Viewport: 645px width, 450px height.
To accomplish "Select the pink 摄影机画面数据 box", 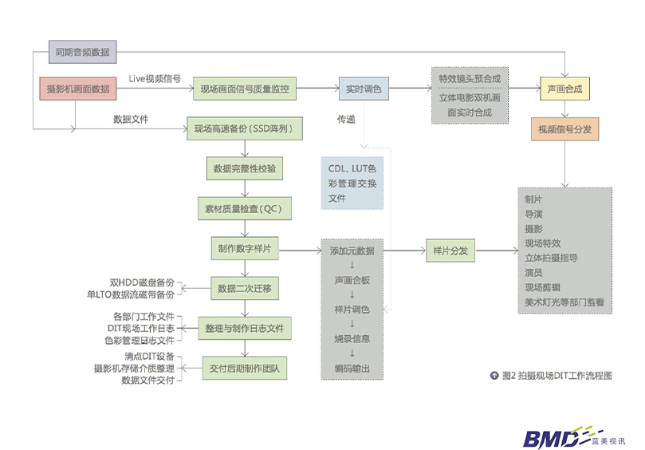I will pyautogui.click(x=78, y=89).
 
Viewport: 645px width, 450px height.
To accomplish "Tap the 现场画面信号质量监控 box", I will pyautogui.click(x=245, y=89).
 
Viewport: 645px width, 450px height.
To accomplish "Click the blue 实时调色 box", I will pyautogui.click(x=363, y=89).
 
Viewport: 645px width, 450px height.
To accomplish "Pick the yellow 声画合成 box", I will pyautogui.click(x=564, y=89).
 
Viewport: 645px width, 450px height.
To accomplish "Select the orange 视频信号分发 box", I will pyautogui.click(x=564, y=128).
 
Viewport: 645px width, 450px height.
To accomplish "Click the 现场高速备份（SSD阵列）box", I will pyautogui.click(x=244, y=128).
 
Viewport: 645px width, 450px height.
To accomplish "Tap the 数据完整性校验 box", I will pyautogui.click(x=244, y=169).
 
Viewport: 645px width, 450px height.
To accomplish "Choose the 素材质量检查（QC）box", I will pyautogui.click(x=244, y=208).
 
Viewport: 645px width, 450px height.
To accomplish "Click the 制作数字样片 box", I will pyautogui.click(x=244, y=249).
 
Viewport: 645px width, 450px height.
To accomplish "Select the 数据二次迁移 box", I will pyautogui.click(x=244, y=288).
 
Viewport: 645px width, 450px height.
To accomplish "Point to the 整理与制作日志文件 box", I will pyautogui.click(x=244, y=328).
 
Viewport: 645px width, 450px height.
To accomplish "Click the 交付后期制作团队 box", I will pyautogui.click(x=244, y=368).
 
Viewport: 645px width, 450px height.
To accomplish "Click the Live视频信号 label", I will pyautogui.click(x=155, y=79).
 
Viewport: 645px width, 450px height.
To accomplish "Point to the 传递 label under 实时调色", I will pyautogui.click(x=346, y=120).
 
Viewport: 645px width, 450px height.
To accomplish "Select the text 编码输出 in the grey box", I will pyautogui.click(x=352, y=367).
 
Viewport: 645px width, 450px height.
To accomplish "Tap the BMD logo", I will pyautogui.click(x=550, y=437).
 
